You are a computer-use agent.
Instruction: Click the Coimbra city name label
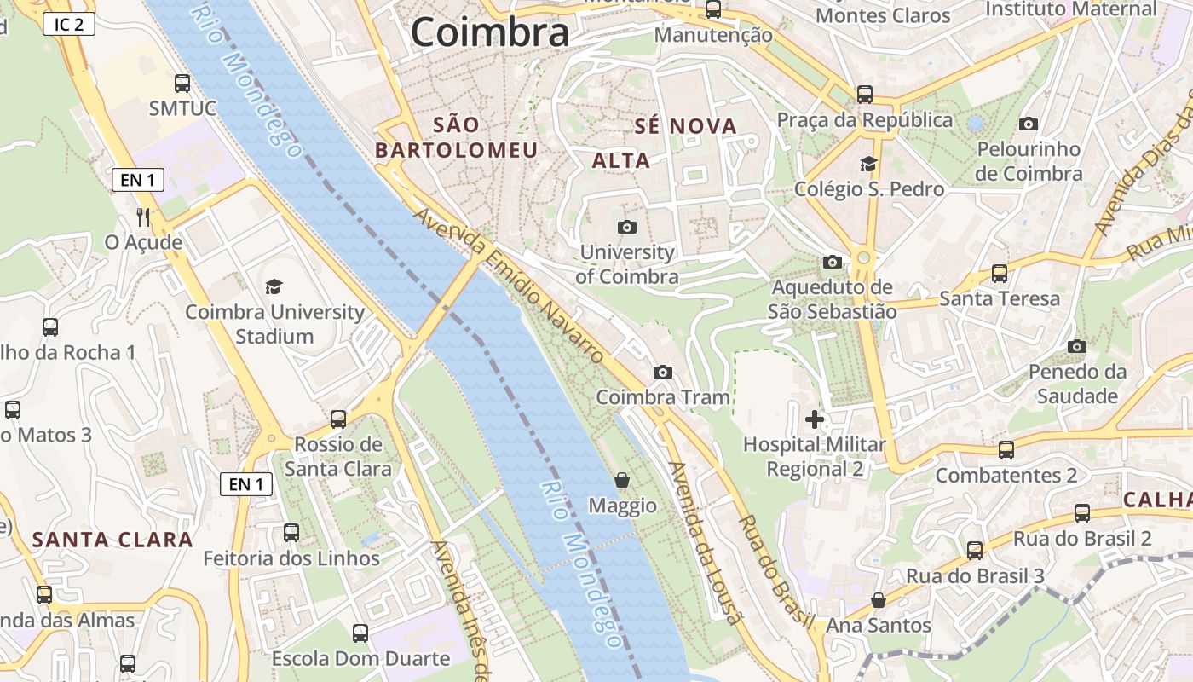(489, 32)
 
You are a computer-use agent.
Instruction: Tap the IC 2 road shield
(68, 24)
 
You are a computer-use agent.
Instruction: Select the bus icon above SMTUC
(182, 84)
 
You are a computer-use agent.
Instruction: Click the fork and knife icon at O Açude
(143, 217)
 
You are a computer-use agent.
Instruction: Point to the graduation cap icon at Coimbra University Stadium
(274, 286)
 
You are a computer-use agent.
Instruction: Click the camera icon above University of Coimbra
(627, 227)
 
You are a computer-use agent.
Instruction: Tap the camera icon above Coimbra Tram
(662, 373)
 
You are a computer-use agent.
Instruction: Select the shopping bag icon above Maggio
(622, 480)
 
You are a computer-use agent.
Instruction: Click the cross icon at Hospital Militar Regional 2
(815, 419)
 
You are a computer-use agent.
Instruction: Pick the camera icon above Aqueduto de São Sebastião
(833, 262)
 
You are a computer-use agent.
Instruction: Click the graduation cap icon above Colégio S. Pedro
(868, 164)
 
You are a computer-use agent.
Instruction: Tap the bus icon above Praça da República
(865, 94)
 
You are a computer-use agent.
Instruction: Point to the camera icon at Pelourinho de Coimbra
(1029, 124)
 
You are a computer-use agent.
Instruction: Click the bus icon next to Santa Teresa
(1000, 274)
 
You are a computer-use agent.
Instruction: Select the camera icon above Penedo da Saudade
(1077, 346)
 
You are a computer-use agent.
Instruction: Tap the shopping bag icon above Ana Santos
(879, 600)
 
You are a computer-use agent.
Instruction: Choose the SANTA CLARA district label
(112, 540)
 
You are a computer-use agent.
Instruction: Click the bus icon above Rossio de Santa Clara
(338, 419)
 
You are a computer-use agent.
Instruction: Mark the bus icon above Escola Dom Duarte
(360, 633)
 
